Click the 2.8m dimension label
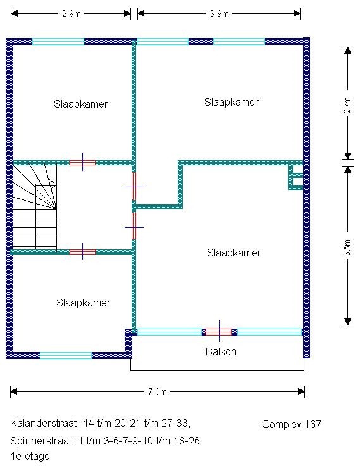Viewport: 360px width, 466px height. pos(71,14)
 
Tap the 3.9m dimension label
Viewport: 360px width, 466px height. pos(219,14)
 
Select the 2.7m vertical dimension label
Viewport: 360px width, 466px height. pos(347,105)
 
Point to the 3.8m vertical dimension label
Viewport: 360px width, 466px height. pos(347,248)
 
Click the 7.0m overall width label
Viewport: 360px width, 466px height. pos(158,392)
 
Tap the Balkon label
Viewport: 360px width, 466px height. pos(221,351)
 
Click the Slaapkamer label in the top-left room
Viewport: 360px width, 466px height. pos(81,104)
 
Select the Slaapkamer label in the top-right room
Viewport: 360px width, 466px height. pos(232,102)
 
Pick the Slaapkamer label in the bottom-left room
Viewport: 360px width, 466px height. pos(84,303)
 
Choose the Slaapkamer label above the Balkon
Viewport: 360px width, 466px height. pos(234,253)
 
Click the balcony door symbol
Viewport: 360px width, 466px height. pos(219,332)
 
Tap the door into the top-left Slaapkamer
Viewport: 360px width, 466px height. pos(83,163)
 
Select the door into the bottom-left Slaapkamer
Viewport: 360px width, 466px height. pos(83,252)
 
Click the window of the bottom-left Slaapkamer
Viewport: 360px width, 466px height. pos(66,355)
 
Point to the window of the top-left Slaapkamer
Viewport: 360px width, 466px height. pos(58,42)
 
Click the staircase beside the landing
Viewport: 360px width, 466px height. pos(35,206)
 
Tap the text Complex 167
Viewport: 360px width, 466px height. pos(292,424)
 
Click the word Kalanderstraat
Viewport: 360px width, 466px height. pos(44,423)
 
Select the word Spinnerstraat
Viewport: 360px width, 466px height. pos(42,441)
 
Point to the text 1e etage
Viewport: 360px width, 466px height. pos(30,457)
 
